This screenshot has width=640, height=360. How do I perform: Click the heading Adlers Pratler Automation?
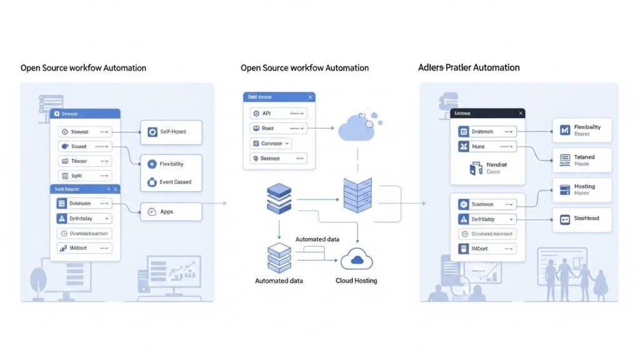tap(468, 67)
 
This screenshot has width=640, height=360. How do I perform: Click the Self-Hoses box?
tap(171, 132)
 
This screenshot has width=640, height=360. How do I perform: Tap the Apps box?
tap(171, 212)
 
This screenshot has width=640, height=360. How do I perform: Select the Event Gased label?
tap(175, 182)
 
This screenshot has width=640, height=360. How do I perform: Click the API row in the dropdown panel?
tap(278, 114)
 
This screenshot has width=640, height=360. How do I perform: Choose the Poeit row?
tap(278, 128)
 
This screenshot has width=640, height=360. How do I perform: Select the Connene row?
tap(271, 143)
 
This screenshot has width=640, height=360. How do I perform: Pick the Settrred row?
tap(278, 159)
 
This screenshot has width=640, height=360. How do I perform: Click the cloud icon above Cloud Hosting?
tap(357, 259)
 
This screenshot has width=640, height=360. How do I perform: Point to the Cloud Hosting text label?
tap(356, 281)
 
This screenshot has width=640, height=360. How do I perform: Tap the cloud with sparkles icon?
tap(357, 127)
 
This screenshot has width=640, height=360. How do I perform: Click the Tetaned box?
tap(582, 161)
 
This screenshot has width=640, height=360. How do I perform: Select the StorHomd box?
tap(582, 219)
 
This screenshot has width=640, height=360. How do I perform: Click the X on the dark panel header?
tap(520, 114)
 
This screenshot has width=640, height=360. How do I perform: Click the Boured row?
tap(84, 146)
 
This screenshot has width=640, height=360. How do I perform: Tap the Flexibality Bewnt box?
tap(582, 130)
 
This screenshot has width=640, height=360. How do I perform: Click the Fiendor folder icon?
tap(474, 167)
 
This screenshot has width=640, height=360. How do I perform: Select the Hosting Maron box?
tap(582, 190)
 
